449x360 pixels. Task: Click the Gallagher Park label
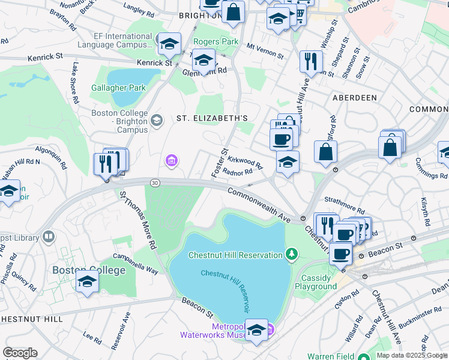click(119, 88)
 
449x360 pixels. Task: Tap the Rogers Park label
click(215, 42)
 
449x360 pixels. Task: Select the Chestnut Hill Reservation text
click(235, 255)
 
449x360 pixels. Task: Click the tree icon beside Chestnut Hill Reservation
click(292, 254)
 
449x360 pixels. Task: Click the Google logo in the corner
click(20, 353)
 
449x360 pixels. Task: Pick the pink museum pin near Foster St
click(172, 160)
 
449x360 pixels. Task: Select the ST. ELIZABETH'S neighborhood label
click(211, 118)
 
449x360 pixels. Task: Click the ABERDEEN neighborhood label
click(354, 97)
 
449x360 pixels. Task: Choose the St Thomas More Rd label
click(137, 220)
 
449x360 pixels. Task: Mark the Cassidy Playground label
click(316, 282)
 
